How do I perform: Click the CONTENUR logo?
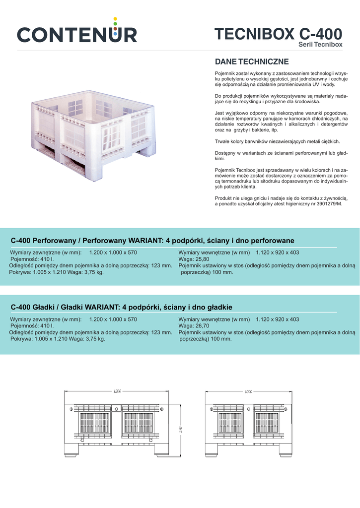click(x=77, y=34)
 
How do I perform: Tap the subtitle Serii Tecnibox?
click(x=320, y=45)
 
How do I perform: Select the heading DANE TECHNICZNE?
click(x=252, y=62)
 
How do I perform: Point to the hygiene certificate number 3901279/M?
click(x=324, y=203)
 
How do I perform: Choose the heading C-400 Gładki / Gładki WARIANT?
click(x=121, y=307)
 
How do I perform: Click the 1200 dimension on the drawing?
click(x=118, y=391)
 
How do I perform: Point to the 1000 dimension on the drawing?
click(x=248, y=391)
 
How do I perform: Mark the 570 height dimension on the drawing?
click(x=181, y=429)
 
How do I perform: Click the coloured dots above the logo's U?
click(x=115, y=22)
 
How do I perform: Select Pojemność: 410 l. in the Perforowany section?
click(x=32, y=259)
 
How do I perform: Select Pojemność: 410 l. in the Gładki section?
click(x=32, y=326)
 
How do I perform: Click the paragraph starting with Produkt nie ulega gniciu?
click(x=281, y=200)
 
